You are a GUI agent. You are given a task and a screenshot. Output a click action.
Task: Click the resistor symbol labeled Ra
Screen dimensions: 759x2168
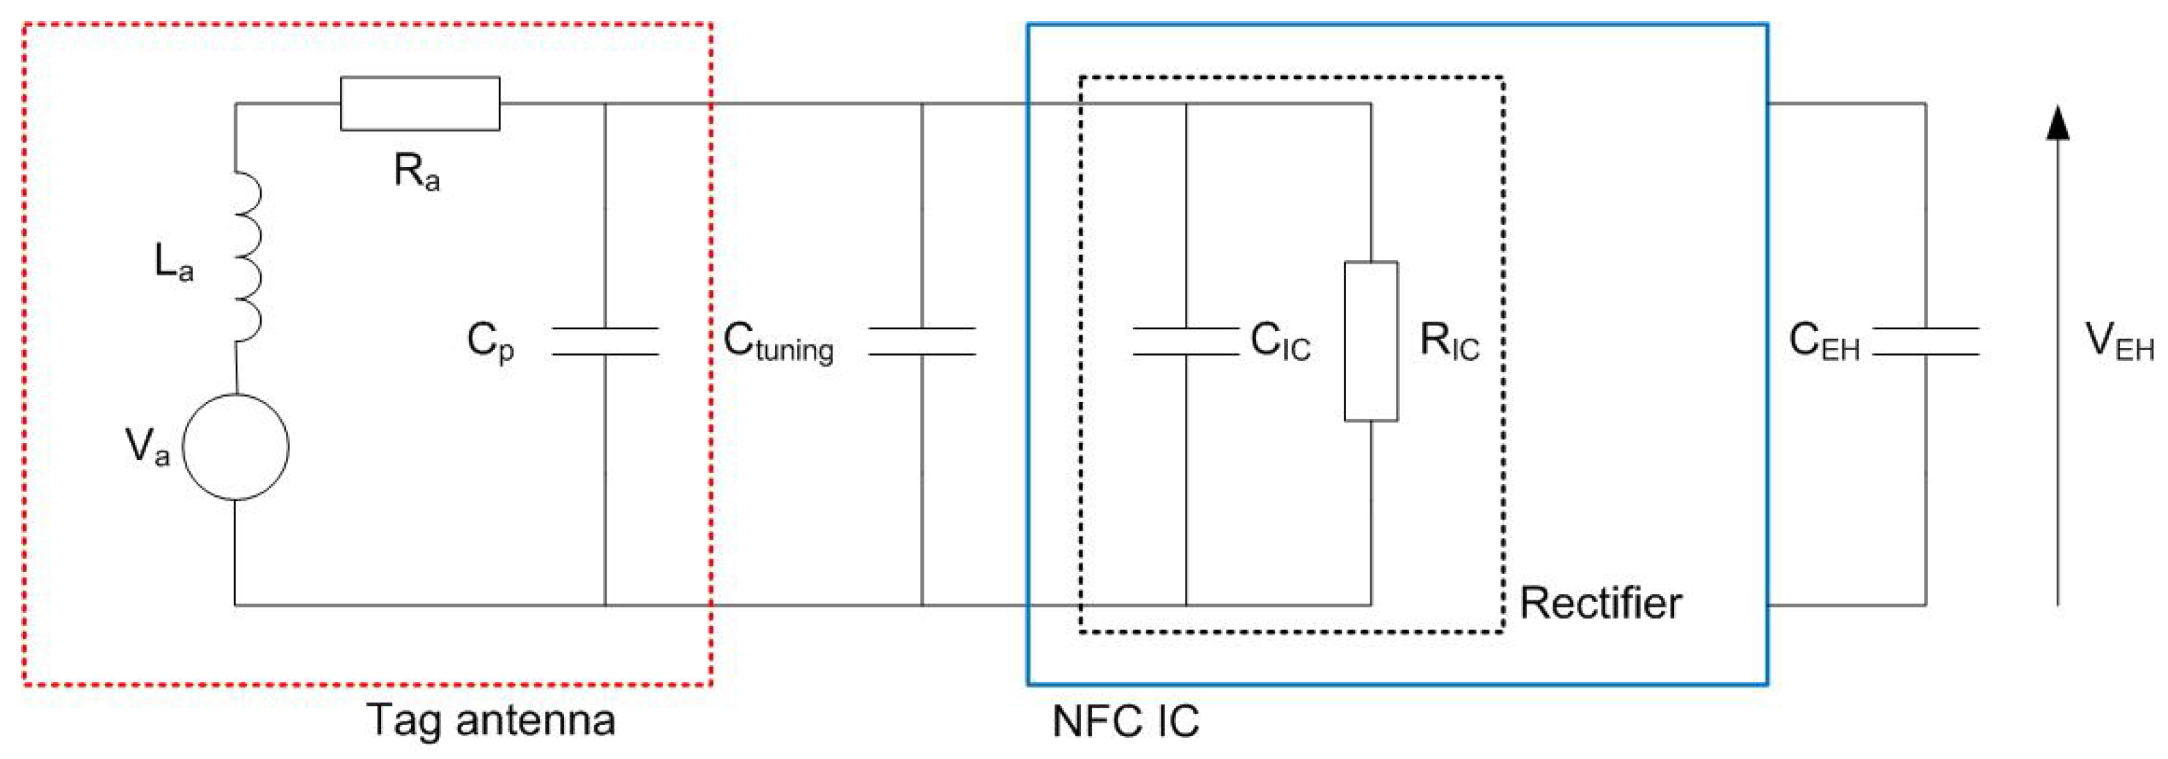click(420, 104)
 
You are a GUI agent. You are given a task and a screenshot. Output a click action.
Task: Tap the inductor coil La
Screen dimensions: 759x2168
click(247, 257)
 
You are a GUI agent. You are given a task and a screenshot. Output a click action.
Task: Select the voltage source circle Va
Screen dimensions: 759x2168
click(236, 447)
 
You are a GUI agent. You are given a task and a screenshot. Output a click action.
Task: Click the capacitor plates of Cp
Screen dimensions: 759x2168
click(605, 341)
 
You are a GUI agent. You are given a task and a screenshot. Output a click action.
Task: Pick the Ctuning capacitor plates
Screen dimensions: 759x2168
click(922, 341)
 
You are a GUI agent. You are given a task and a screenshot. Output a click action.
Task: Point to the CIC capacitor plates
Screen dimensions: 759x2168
click(1186, 341)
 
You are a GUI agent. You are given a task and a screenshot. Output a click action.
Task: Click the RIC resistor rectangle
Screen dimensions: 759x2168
click(1371, 341)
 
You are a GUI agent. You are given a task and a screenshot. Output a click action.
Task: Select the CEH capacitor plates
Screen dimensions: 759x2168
click(1926, 341)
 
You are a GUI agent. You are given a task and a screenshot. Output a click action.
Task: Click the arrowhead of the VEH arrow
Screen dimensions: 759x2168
click(2057, 124)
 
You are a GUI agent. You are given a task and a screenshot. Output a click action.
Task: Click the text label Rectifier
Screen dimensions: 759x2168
click(1600, 603)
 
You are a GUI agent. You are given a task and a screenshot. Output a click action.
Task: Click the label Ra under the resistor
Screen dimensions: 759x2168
click(417, 172)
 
